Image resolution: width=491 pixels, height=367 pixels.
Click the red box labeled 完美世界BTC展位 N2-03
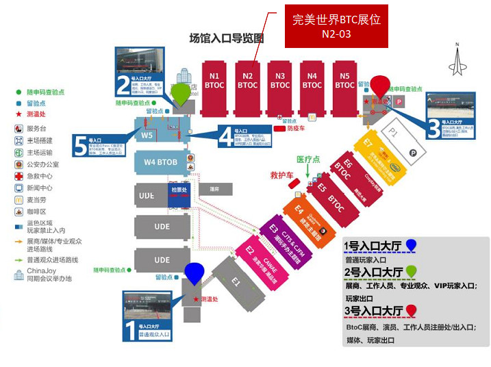click(x=336, y=27)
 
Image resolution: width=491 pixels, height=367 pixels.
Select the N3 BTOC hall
click(x=279, y=81)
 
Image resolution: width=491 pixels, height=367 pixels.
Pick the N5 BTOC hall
click(x=344, y=81)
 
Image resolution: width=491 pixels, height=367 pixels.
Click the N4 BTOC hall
click(x=312, y=81)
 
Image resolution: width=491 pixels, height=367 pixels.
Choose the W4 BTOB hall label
click(x=160, y=162)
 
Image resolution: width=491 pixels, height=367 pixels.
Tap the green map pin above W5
click(x=181, y=94)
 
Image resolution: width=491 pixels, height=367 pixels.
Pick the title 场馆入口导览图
click(x=227, y=39)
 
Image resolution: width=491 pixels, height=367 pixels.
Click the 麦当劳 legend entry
click(x=38, y=201)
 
